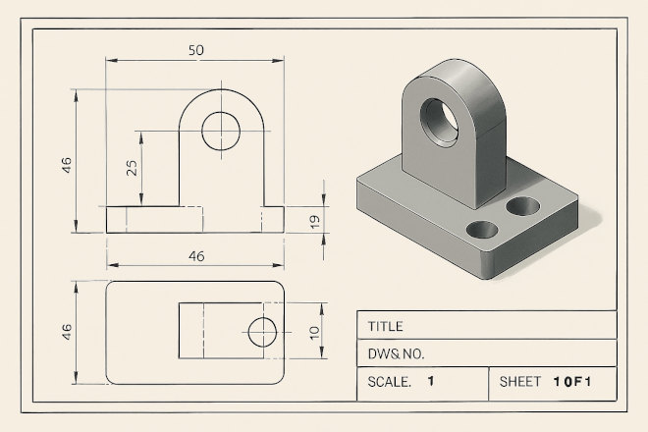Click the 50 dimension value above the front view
tap(196, 50)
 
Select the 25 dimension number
tap(132, 168)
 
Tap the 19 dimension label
tap(315, 222)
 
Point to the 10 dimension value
tap(315, 333)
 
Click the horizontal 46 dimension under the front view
tap(196, 256)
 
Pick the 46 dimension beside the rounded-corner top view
tap(67, 332)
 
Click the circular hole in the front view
tap(221, 131)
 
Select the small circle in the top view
tap(262, 332)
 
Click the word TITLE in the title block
tap(385, 327)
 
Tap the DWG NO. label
tap(396, 353)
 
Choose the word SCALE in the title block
tap(390, 382)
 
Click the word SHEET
tap(520, 382)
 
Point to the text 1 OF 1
tap(572, 382)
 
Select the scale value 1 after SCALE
tap(431, 381)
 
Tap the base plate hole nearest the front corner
tap(482, 230)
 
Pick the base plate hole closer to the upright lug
tap(522, 206)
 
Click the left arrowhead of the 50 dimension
tap(112, 60)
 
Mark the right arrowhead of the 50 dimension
tap(278, 61)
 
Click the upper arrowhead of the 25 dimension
tap(141, 137)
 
